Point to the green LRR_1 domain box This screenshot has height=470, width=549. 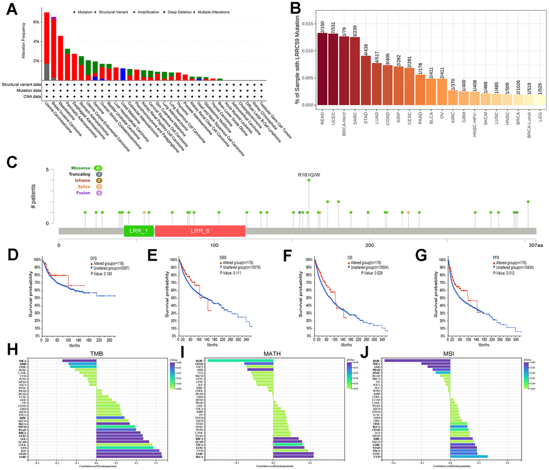tap(139, 231)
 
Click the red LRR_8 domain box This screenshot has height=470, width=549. tap(200, 231)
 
